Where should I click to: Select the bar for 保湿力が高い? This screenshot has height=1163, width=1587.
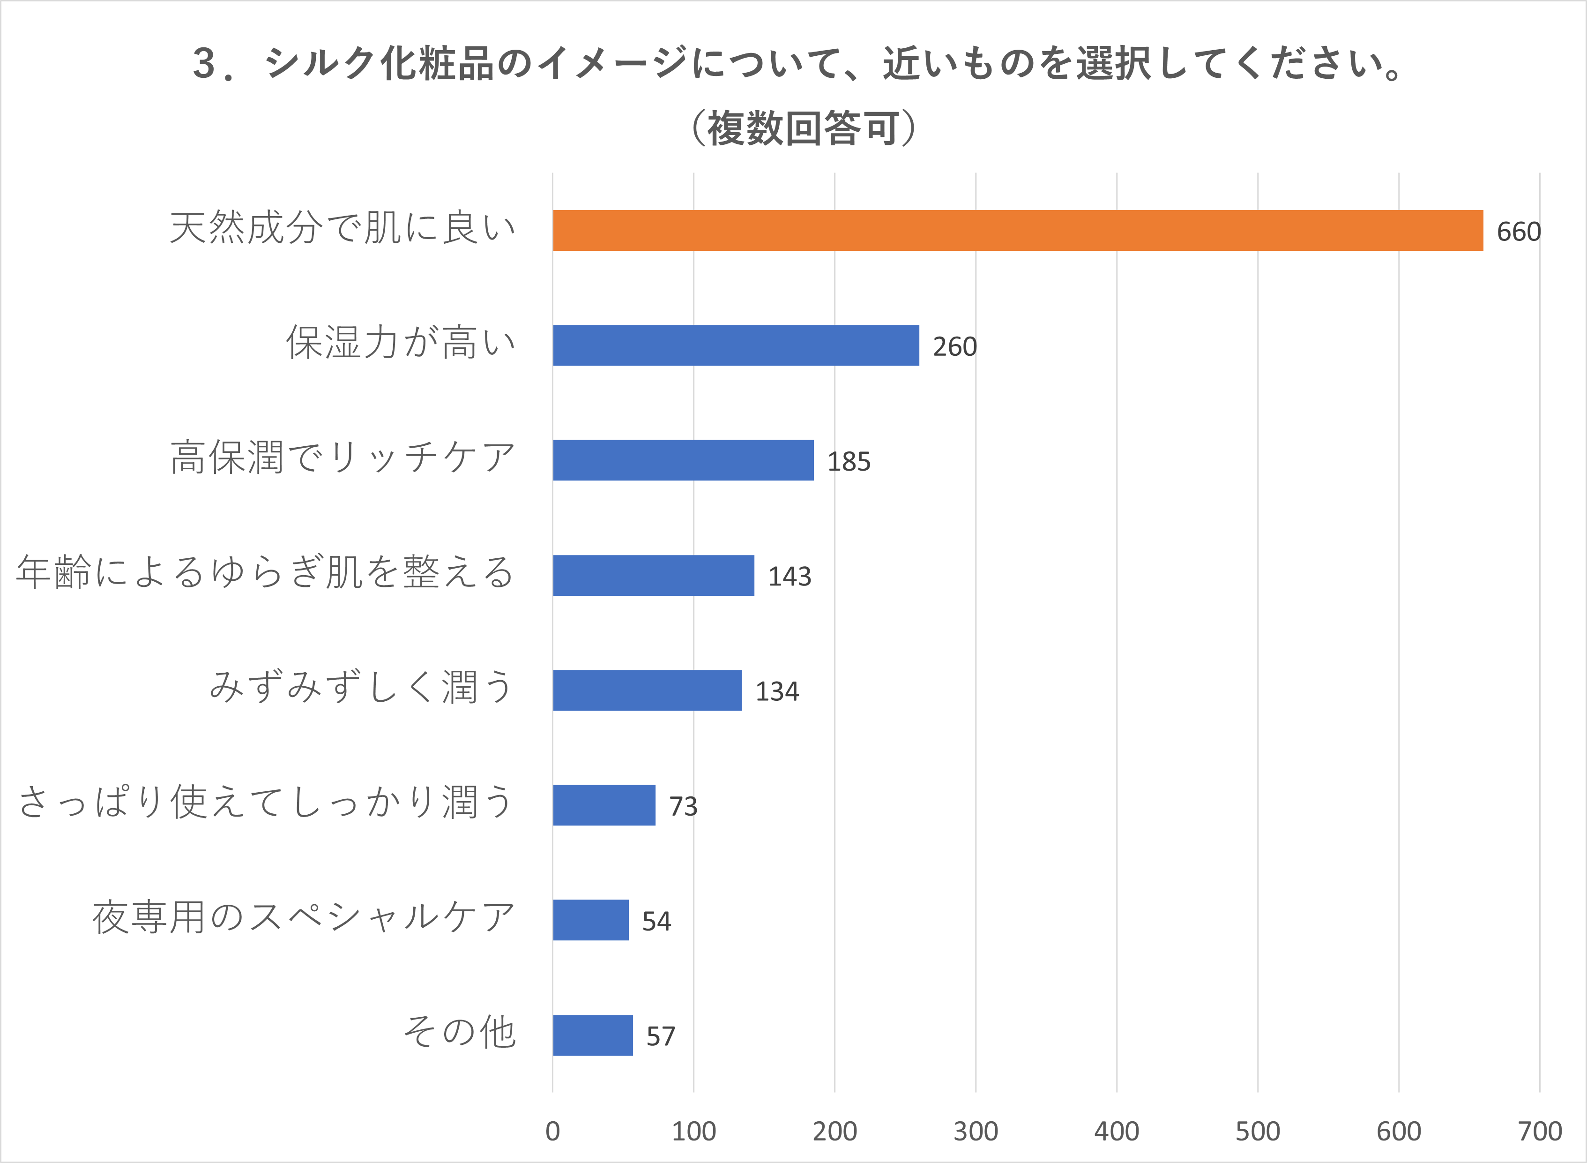tap(736, 345)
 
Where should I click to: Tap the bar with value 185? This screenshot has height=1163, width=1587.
tap(683, 460)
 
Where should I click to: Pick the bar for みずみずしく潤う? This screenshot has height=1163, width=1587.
tap(647, 690)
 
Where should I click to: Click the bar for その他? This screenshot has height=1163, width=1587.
tap(593, 1035)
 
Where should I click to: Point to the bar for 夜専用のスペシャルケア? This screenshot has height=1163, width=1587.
tap(590, 920)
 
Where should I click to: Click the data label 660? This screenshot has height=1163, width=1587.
tap(1518, 232)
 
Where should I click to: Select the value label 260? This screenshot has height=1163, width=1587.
tap(954, 346)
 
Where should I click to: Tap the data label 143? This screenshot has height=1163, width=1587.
tap(789, 577)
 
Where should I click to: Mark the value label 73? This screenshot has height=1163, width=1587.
tap(683, 806)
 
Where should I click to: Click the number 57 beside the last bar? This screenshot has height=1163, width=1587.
tap(660, 1036)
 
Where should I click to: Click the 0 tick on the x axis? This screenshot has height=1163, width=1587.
tap(552, 1131)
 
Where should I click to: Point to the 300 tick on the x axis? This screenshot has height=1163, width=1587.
tap(976, 1131)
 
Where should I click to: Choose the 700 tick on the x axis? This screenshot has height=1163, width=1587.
tap(1539, 1131)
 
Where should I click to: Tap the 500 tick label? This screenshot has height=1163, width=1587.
tap(1258, 1131)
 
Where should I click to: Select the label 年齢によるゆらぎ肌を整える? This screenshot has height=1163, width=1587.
tap(265, 572)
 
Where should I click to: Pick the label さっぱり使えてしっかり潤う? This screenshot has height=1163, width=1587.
tap(265, 802)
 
